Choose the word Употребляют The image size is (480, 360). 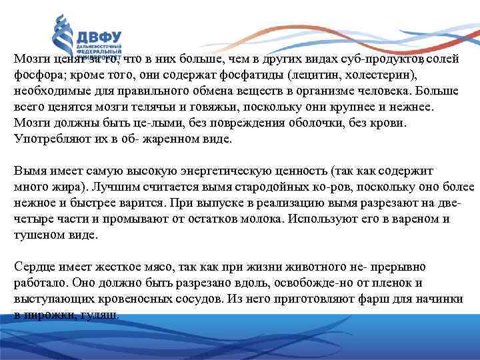(x=47, y=139)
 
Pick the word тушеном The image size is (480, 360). (x=38, y=235)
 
